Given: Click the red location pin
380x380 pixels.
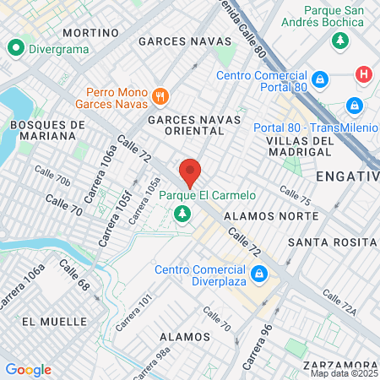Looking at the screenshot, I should tap(191, 172).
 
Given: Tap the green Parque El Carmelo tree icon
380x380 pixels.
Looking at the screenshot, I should tap(181, 215).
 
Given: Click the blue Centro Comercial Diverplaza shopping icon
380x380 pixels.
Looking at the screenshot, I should tap(261, 275).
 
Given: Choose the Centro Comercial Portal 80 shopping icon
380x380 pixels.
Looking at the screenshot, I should tap(320, 80).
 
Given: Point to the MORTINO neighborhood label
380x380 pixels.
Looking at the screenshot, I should tap(90, 33).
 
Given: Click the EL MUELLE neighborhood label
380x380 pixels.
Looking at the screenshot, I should tap(55, 322).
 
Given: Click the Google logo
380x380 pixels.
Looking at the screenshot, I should tap(29, 370).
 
